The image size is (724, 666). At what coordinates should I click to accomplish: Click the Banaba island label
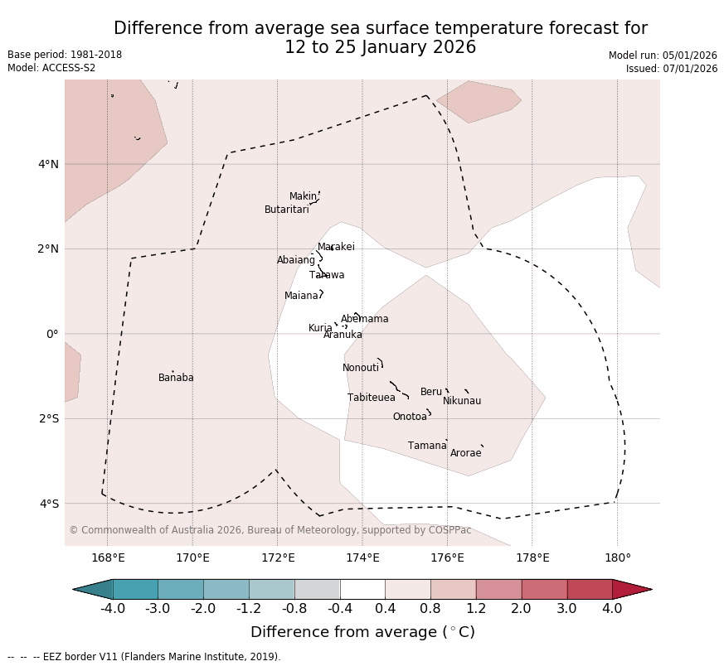176,378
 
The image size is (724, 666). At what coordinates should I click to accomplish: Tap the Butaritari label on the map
286,210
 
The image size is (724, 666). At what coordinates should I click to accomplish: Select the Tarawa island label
327,275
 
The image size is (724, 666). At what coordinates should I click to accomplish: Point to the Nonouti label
361,368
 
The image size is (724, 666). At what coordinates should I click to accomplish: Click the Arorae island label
465,453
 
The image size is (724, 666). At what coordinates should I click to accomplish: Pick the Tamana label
427,446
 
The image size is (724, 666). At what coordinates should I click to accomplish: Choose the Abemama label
364,319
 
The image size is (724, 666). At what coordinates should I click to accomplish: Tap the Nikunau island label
462,401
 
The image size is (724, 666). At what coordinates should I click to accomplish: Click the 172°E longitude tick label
277,557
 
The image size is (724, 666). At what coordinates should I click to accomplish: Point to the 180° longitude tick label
617,557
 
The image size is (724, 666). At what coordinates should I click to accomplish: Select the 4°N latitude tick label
48,164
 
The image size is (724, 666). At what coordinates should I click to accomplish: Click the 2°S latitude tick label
48,419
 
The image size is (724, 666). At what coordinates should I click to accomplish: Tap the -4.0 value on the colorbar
113,609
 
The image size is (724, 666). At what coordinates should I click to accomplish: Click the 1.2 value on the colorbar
476,609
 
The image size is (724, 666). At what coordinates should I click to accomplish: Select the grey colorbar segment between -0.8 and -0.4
317,589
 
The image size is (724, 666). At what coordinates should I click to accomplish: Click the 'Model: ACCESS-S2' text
51,68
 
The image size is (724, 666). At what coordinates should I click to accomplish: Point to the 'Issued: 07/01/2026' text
671,69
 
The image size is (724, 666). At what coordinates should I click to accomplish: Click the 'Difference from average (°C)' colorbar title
362,632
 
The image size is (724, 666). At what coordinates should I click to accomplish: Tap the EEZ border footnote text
143,657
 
